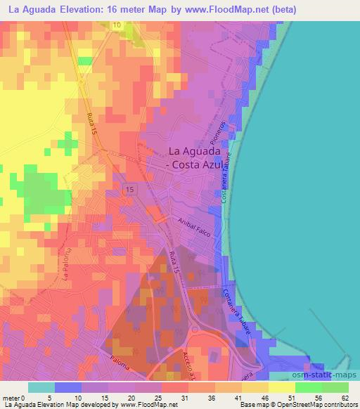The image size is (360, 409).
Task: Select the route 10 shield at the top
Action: click(116, 25)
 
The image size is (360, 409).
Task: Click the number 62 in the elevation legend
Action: click(344, 398)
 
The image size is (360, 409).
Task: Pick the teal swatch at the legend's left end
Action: click(41, 387)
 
